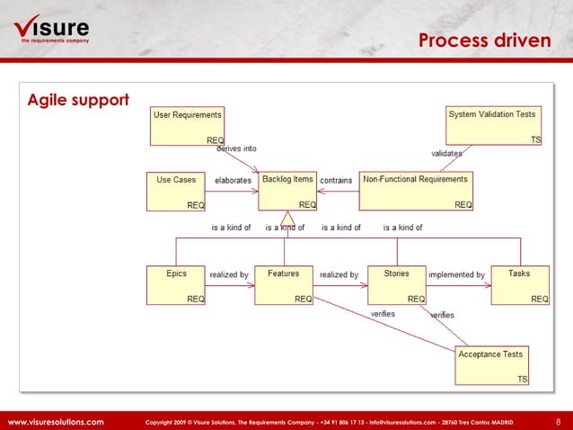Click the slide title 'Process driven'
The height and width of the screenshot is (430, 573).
486,40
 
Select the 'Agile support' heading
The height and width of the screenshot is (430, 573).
78,98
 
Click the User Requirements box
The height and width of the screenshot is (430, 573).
188,126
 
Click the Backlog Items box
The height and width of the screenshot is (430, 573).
287,192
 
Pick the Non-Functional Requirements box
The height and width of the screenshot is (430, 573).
416,192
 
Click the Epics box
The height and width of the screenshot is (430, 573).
177,285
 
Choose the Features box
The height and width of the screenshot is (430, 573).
284,285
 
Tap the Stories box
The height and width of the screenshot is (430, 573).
397,285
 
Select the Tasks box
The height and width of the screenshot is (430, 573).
519,285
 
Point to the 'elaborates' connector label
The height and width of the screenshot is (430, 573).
233,181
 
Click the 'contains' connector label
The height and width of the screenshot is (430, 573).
336,181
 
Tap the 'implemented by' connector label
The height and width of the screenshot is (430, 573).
456,274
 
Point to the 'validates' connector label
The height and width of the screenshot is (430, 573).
446,154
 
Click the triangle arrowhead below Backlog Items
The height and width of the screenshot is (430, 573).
287,219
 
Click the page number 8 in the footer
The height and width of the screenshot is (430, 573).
558,421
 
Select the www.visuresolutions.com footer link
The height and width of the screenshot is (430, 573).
56,421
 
